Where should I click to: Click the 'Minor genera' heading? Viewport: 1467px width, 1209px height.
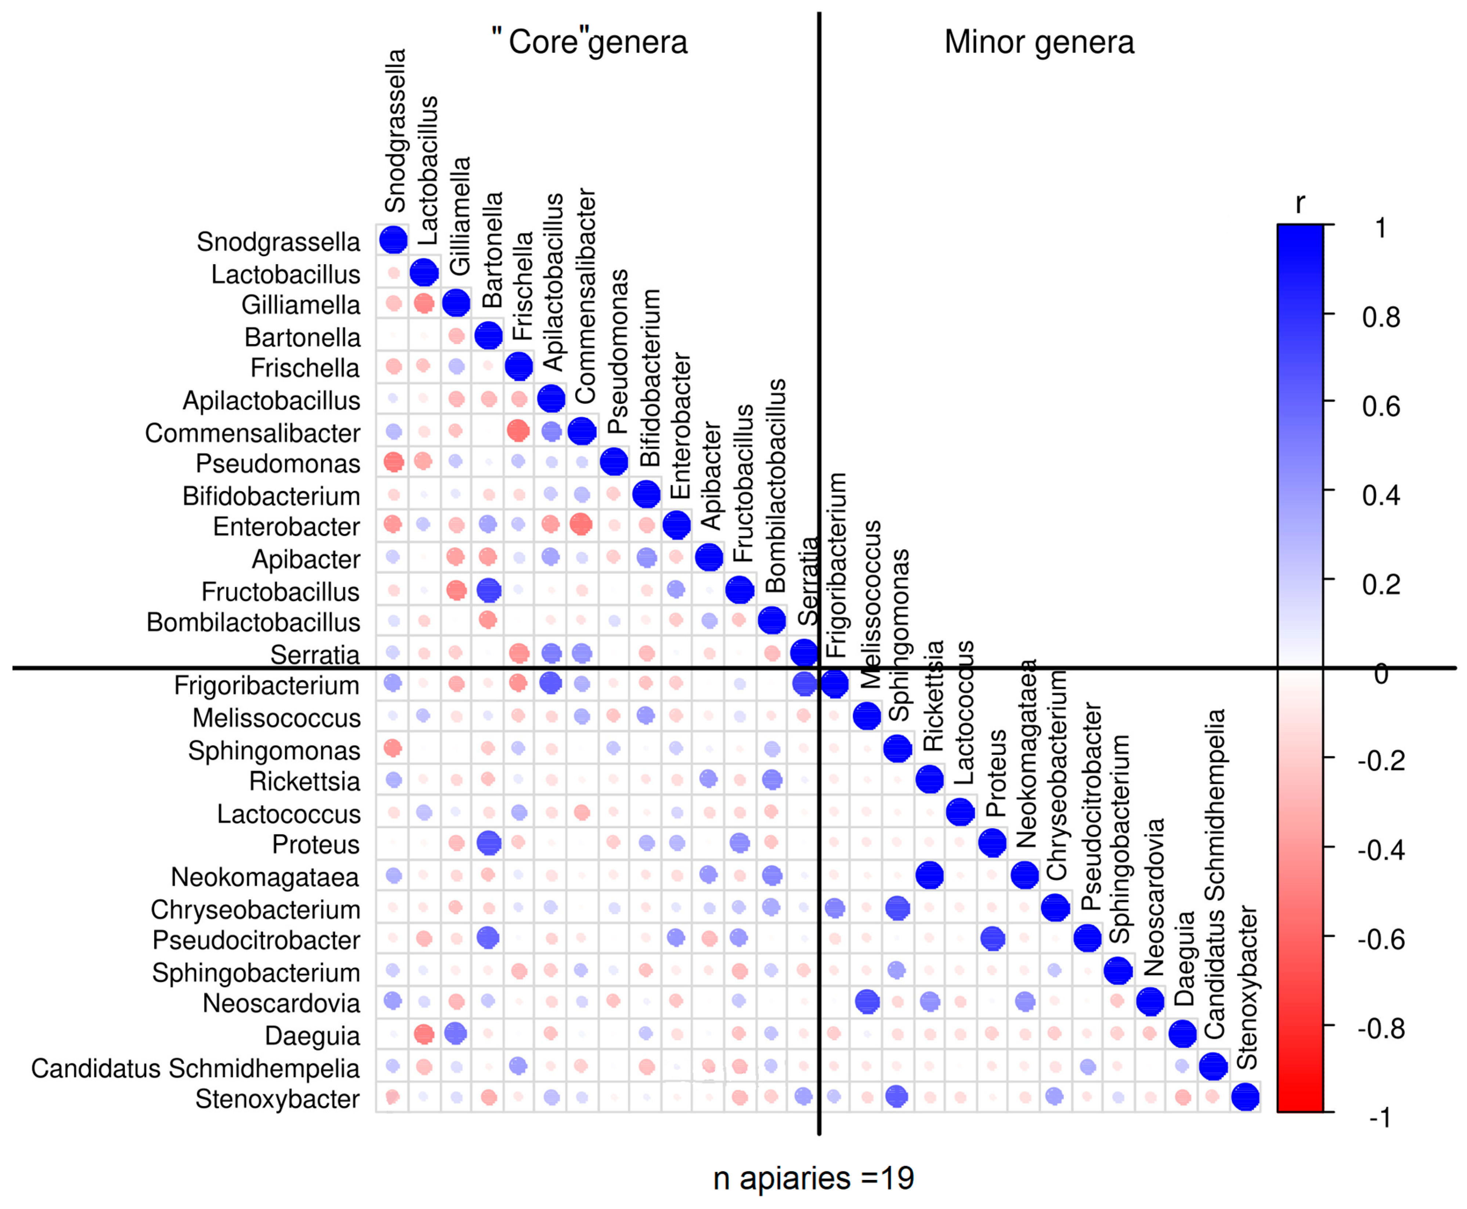pyautogui.click(x=1038, y=43)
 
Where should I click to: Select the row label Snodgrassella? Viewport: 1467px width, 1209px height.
pyautogui.click(x=278, y=242)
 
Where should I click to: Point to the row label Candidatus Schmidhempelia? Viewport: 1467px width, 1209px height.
pyautogui.click(x=196, y=1068)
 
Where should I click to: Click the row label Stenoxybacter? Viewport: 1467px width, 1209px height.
pyautogui.click(x=278, y=1099)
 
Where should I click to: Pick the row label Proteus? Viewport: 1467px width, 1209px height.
pyautogui.click(x=316, y=844)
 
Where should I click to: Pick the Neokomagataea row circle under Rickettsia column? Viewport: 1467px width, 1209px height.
pyautogui.click(x=930, y=875)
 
